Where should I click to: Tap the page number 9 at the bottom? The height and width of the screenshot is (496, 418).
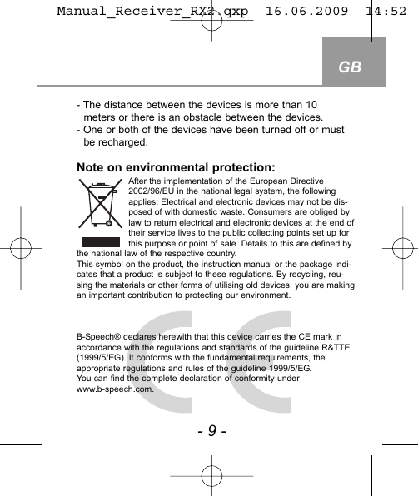coord(211,432)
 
